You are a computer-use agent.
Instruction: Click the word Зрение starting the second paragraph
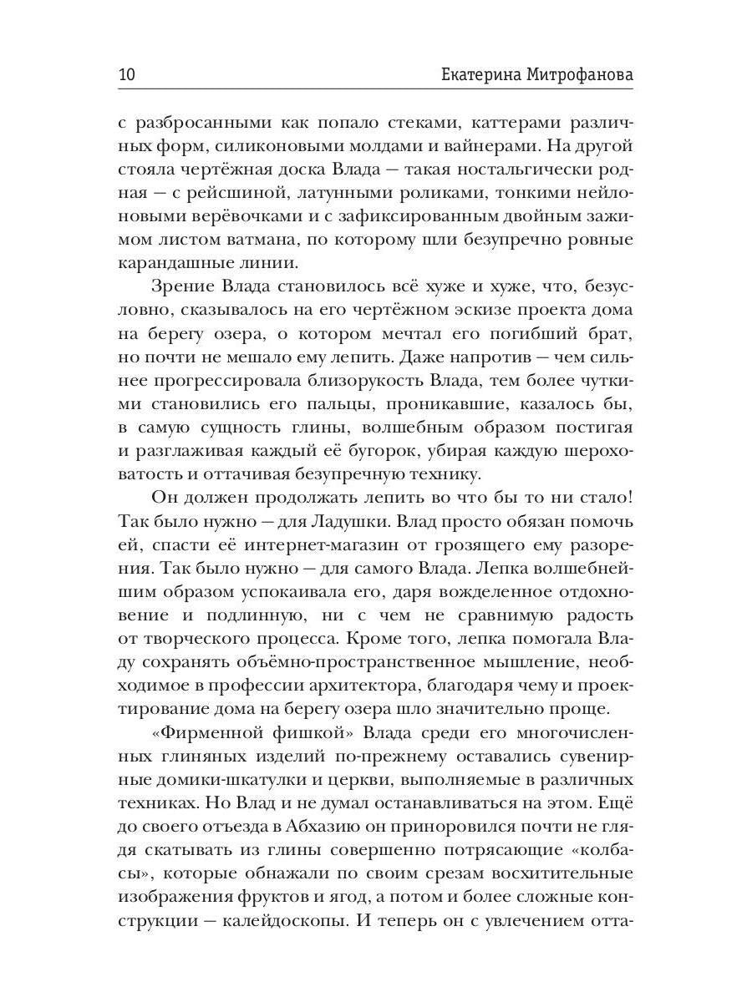click(182, 287)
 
